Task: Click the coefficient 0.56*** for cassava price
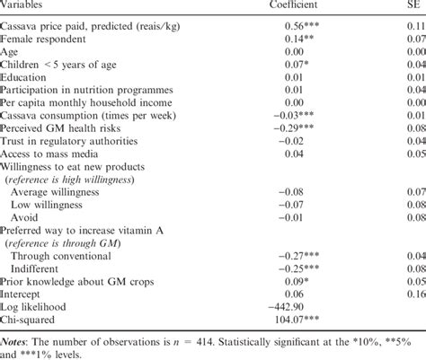[x=297, y=27]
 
